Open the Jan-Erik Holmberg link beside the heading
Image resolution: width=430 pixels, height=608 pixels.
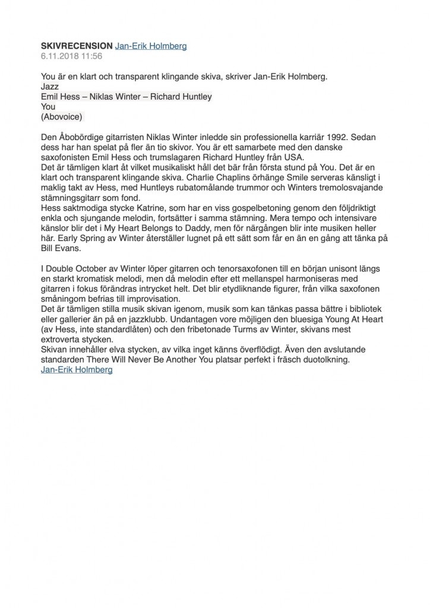(x=150, y=46)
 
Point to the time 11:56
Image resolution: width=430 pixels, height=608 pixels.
(x=92, y=56)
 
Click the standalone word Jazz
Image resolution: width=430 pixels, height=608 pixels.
(x=50, y=86)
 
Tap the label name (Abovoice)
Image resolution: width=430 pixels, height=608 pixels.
(x=62, y=117)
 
